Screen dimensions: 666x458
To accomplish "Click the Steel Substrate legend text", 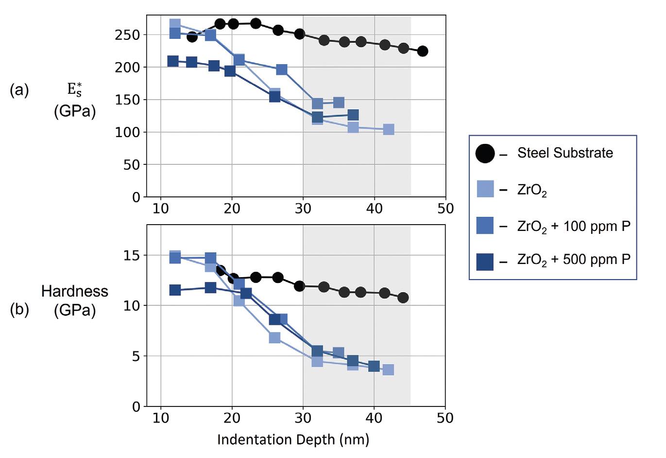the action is pos(565,153).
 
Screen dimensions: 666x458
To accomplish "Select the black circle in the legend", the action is pos(485,154).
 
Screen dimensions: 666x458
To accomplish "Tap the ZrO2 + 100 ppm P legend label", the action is pos(574,227).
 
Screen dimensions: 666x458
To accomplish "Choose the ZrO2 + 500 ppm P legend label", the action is pos(574,260).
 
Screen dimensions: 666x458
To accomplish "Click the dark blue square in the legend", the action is pos(485,262).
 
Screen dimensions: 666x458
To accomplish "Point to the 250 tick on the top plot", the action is pos(127,35).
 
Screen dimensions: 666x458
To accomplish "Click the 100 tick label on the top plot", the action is pos(127,132).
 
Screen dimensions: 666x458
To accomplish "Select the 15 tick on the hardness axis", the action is pos(132,255).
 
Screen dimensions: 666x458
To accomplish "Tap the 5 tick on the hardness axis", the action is pos(136,356).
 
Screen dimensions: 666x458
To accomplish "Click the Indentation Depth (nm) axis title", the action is pos(293,440).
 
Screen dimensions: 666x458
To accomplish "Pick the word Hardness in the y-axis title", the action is pos(75,291).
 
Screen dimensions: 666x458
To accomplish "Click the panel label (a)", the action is pos(19,90).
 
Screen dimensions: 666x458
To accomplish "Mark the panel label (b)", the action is pos(19,310).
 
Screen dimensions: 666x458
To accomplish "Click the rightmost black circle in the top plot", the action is pos(423,51).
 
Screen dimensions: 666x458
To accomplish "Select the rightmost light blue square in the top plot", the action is pos(389,129).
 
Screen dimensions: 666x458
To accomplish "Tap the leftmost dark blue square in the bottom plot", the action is pos(175,290).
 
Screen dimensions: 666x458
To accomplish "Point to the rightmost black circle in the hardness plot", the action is pos(403,298).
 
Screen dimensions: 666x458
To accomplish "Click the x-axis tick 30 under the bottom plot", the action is pos(303,418).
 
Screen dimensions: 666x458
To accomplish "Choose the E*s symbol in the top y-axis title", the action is pos(74,89).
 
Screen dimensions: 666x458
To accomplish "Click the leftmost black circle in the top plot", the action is pos(192,37).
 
